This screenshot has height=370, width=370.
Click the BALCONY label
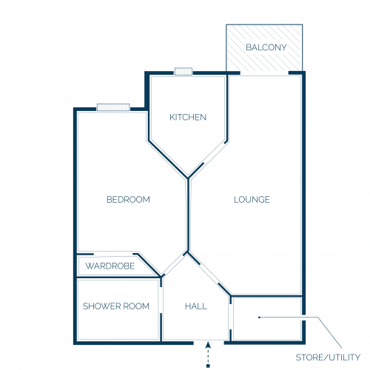pos(266,47)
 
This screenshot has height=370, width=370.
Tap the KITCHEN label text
pos(188,117)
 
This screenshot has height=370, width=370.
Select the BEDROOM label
pos(128,199)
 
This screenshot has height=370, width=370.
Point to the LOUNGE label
pos(252,199)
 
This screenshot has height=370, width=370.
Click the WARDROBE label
pos(110,266)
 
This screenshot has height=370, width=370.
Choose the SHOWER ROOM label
pos(116,306)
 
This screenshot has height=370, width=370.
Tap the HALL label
pos(196,306)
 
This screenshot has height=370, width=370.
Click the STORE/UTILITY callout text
pos(328,357)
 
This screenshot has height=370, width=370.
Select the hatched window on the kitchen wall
pos(184,71)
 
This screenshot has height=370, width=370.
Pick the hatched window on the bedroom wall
pos(113,107)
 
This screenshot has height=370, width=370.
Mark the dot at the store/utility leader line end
pos(259,317)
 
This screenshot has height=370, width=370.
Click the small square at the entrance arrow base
pos(208,366)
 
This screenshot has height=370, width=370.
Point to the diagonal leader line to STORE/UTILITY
pos(329,333)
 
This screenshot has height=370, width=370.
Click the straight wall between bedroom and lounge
pos(188,215)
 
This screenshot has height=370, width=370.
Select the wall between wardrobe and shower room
pos(118,277)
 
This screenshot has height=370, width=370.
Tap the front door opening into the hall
pos(209,342)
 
